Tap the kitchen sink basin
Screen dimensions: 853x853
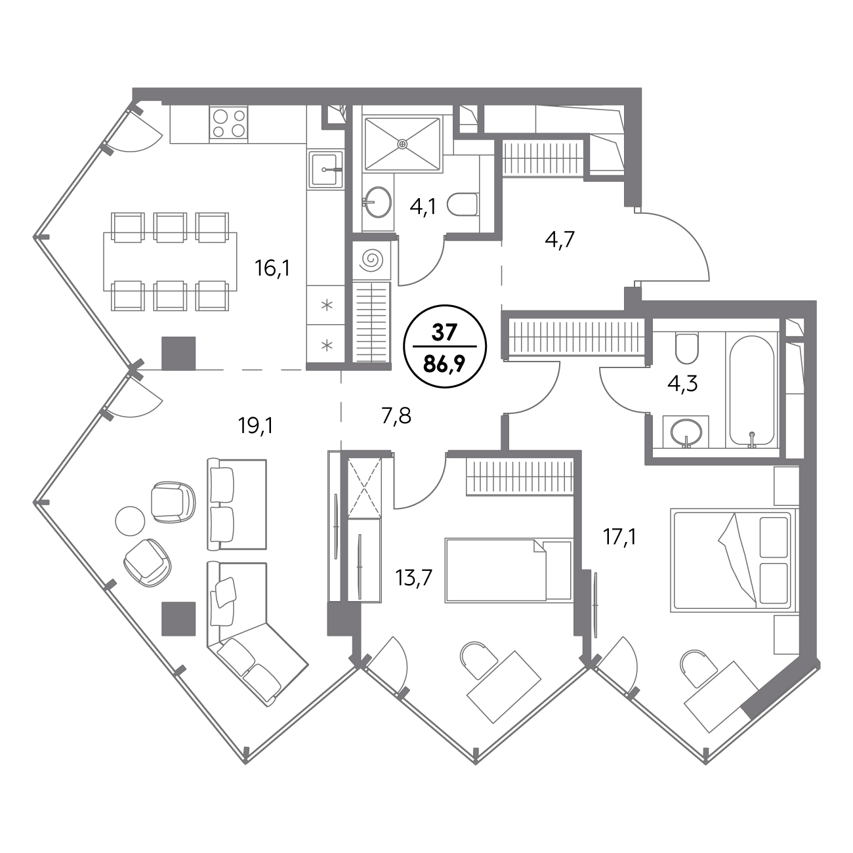(x=326, y=169)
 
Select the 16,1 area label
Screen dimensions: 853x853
(x=272, y=268)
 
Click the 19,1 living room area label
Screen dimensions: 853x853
(x=256, y=426)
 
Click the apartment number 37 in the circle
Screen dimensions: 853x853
(x=444, y=333)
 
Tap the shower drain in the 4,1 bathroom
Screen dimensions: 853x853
(x=402, y=144)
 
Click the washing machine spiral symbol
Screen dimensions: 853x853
(x=371, y=260)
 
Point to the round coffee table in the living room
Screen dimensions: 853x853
(x=130, y=520)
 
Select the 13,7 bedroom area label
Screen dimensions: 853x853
(x=414, y=578)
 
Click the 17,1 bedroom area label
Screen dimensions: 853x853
(x=619, y=537)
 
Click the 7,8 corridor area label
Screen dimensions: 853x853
(x=396, y=416)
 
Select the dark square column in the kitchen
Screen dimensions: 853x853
(x=178, y=353)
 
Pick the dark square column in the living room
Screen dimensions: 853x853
(x=178, y=618)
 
